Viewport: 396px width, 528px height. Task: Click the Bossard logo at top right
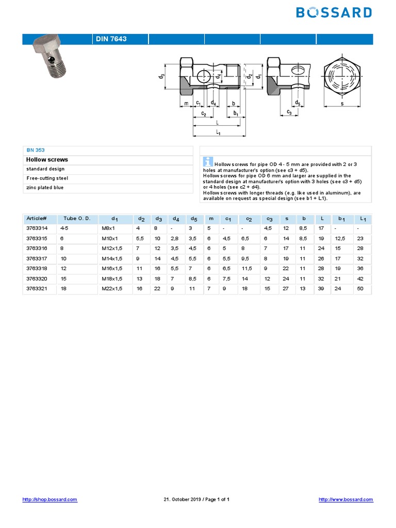click(x=334, y=13)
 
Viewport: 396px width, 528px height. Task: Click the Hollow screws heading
click(x=47, y=160)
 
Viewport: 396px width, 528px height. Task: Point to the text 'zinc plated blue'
click(x=45, y=188)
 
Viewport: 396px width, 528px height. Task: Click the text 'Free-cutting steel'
click(x=47, y=178)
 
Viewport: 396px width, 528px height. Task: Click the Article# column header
click(x=37, y=219)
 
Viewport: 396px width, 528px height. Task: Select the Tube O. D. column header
click(x=77, y=219)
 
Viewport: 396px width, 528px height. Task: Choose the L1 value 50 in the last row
click(x=360, y=288)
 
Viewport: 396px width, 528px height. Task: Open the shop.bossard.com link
click(x=50, y=500)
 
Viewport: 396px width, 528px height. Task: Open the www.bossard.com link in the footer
click(x=345, y=500)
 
